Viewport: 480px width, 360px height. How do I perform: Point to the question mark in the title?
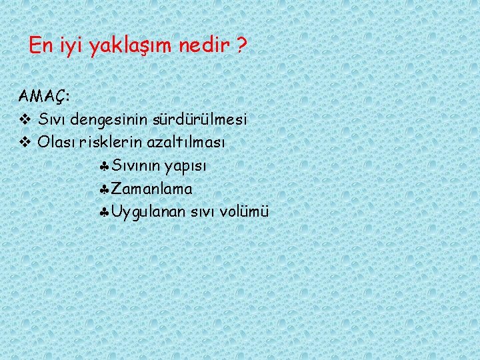coord(241,46)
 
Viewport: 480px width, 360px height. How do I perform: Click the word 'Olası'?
coord(57,143)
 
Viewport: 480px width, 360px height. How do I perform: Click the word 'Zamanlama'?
coord(152,189)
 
